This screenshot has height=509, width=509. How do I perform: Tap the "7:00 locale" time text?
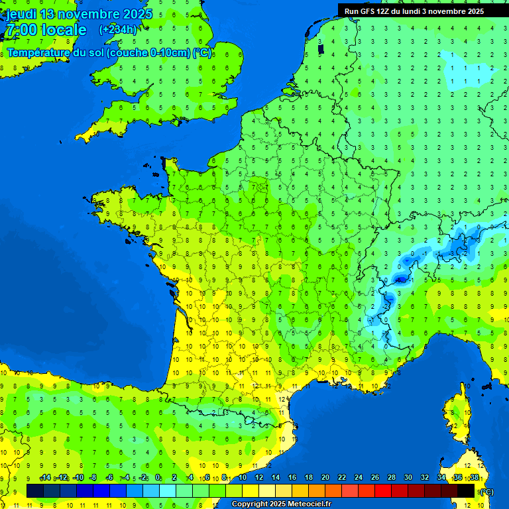click(x=46, y=30)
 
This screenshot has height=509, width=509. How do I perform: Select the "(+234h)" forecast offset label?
click(x=118, y=30)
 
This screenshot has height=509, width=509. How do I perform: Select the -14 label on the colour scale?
click(x=45, y=478)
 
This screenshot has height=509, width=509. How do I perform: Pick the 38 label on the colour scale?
click(x=475, y=478)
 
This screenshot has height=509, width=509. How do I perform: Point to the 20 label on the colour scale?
click(x=325, y=478)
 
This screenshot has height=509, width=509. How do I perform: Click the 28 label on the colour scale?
click(x=391, y=478)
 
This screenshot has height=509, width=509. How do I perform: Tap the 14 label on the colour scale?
click(x=275, y=478)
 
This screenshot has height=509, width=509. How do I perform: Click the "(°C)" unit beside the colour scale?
click(x=486, y=491)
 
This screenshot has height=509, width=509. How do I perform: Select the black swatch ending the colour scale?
click(x=466, y=490)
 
